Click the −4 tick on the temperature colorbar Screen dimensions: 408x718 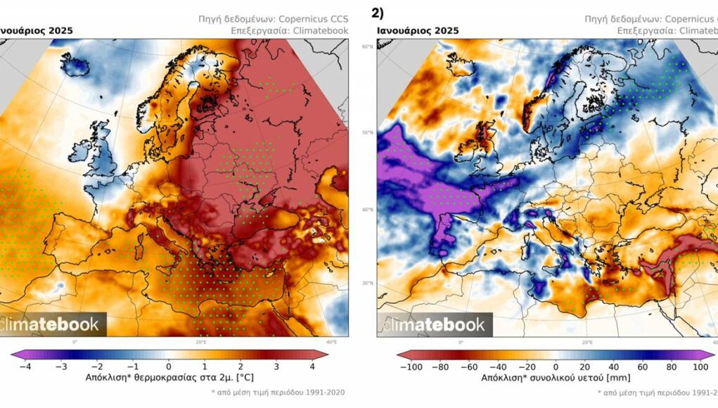click(x=25, y=366)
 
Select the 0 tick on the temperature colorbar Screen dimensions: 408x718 click(x=169, y=366)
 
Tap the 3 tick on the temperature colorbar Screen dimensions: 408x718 click(x=276, y=366)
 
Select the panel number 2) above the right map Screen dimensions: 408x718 click(x=378, y=13)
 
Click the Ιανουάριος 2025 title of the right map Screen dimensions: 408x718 click(x=418, y=30)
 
